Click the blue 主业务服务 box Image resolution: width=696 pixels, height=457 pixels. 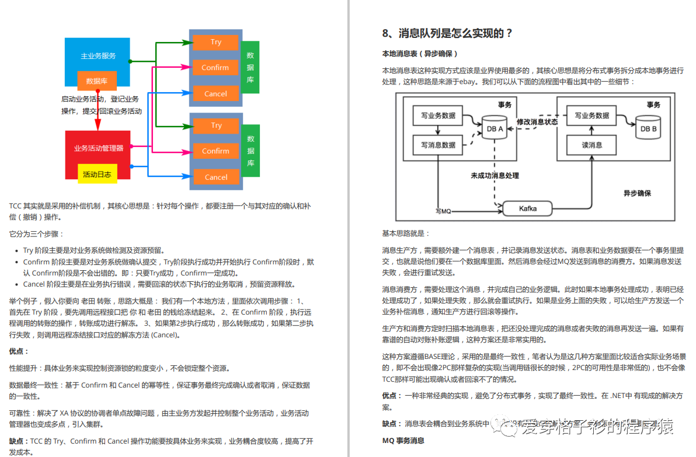tap(98, 56)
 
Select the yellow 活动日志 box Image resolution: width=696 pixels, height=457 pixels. tap(97, 174)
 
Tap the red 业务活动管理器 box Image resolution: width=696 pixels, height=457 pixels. tap(98, 148)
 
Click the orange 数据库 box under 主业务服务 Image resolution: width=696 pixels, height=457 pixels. tap(97, 81)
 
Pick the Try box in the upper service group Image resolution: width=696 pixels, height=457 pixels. tap(216, 42)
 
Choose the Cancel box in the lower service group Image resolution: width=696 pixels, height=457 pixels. tap(216, 177)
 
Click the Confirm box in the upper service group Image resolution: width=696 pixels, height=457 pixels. tap(215, 68)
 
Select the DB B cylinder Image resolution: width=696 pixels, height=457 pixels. tap(648, 127)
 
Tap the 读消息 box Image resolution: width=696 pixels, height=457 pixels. tap(591, 145)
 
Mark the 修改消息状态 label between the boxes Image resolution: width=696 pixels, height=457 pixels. tap(537, 123)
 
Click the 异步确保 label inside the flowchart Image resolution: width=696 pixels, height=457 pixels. tap(636, 193)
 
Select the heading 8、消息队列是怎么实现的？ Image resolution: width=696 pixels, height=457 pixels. tap(447, 33)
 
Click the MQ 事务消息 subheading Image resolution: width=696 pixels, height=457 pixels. tap(403, 441)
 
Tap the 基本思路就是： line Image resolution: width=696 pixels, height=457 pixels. tap(405, 233)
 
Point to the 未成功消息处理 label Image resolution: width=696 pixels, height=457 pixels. tap(495, 175)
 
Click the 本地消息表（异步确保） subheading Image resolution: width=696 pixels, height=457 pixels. tap(419, 54)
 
